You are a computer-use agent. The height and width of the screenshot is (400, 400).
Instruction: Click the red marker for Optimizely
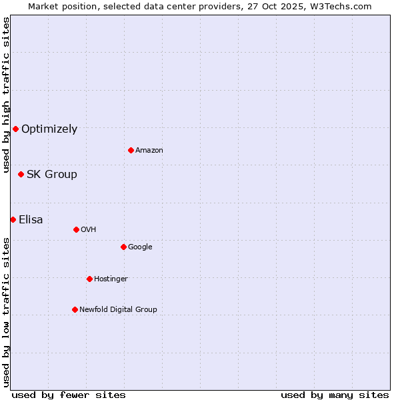click(15, 129)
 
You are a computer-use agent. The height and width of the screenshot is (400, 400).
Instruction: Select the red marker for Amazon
click(131, 150)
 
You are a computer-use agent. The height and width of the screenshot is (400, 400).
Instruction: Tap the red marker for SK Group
click(21, 174)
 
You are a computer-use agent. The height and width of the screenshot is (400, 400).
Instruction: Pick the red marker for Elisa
click(13, 219)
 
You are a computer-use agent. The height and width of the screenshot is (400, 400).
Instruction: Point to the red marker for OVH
click(76, 229)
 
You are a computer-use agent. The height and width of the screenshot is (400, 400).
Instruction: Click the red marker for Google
click(123, 247)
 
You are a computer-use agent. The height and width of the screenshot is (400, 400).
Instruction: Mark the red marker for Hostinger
click(89, 279)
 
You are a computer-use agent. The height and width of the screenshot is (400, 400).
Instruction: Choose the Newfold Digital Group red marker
click(75, 309)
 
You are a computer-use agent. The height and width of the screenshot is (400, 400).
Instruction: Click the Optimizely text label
click(49, 129)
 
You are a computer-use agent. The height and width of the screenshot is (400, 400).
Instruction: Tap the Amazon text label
click(149, 151)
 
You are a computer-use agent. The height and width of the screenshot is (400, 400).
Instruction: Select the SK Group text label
click(52, 175)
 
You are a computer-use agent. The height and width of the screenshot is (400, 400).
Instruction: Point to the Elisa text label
click(31, 220)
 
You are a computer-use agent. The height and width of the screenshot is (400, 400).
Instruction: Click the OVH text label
click(89, 230)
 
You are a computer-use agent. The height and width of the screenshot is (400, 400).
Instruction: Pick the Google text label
click(140, 247)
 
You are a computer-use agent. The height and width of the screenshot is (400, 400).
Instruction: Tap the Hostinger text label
click(111, 279)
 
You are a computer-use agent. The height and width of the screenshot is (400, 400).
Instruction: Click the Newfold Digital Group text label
click(118, 310)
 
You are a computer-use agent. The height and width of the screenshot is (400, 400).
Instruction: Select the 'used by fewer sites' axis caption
click(69, 395)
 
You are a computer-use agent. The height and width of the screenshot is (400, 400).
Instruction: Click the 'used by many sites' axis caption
click(335, 395)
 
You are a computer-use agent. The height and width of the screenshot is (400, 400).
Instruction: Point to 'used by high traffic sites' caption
click(6, 95)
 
